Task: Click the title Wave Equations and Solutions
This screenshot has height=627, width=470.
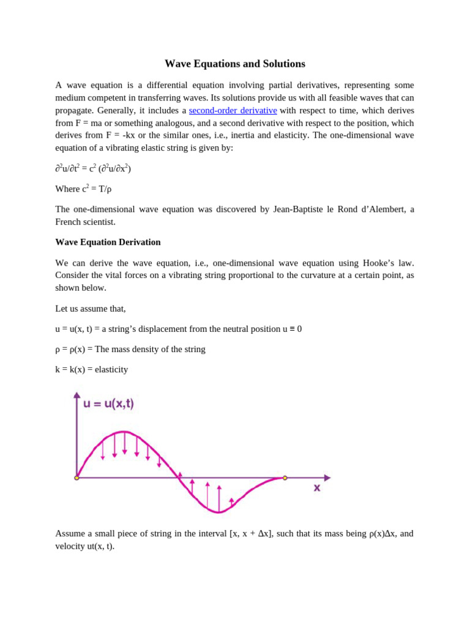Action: click(x=234, y=64)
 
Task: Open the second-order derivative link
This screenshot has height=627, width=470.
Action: click(x=233, y=110)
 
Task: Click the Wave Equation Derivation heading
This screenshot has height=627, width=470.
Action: click(x=108, y=242)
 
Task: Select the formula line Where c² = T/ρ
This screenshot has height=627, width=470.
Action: click(x=83, y=189)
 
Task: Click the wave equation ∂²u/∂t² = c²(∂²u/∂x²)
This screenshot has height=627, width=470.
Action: click(x=93, y=168)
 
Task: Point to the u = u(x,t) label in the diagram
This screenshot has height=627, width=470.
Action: click(x=108, y=404)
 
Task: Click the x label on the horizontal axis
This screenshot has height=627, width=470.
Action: click(x=317, y=488)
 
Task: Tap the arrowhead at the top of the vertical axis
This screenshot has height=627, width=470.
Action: click(x=77, y=395)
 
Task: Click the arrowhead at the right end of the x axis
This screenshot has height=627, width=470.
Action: click(x=327, y=478)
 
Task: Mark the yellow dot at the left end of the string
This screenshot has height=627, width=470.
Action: click(x=77, y=478)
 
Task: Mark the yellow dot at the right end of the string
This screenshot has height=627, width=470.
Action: click(x=285, y=478)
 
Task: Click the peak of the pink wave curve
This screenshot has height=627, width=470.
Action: click(x=124, y=432)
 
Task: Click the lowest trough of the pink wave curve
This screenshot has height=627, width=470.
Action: click(x=219, y=512)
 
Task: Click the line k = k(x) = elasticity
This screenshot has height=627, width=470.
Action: click(x=92, y=369)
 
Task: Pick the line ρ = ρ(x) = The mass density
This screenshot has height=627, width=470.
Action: click(x=130, y=349)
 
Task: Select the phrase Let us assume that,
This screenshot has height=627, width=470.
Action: click(x=91, y=309)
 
